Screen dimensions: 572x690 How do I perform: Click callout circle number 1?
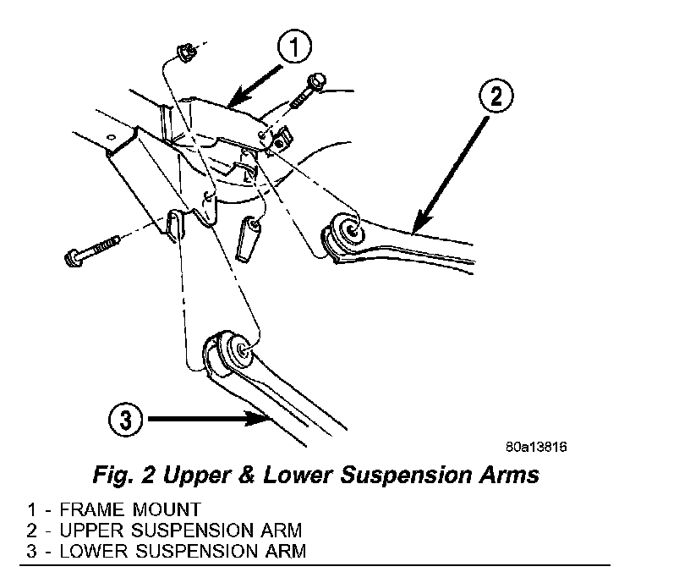click(x=293, y=49)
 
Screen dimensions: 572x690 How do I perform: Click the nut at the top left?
click(x=185, y=55)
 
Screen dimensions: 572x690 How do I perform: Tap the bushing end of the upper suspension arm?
click(x=348, y=230)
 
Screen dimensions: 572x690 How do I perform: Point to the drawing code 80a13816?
click(x=536, y=447)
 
